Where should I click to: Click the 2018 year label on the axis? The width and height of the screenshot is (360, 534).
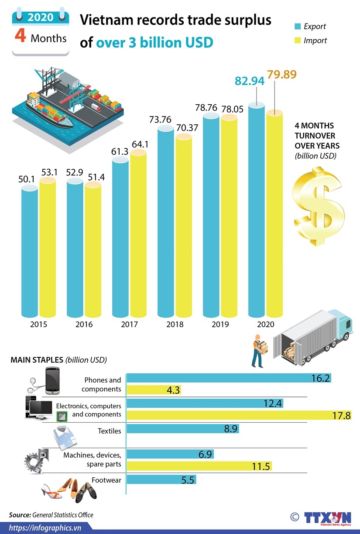pyautogui.click(x=175, y=325)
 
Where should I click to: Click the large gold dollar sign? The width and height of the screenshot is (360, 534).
pyautogui.click(x=319, y=207)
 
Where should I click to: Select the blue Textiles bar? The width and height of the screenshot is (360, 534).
pyautogui.click(x=182, y=429)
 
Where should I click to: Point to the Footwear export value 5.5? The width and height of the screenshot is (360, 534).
pyautogui.click(x=188, y=480)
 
